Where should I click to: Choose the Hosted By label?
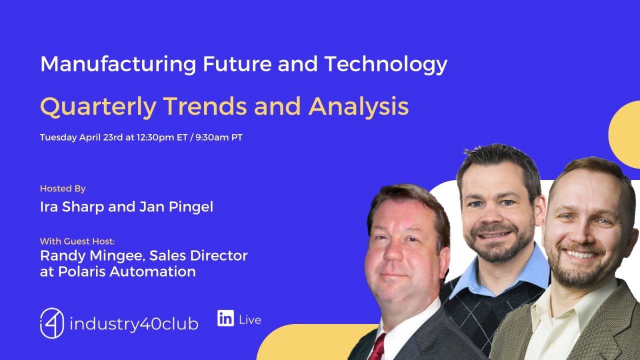click(x=62, y=188)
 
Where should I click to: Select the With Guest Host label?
click(x=77, y=241)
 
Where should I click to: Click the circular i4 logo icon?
click(x=52, y=323)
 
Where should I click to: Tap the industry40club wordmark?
click(x=134, y=324)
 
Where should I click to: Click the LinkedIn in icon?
click(x=225, y=318)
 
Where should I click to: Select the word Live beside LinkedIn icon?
click(x=250, y=320)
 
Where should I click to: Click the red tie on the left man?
click(x=377, y=348)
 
